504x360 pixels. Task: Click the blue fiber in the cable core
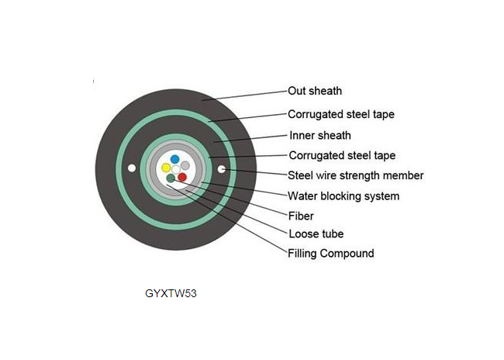click(175, 159)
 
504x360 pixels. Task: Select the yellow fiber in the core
click(166, 168)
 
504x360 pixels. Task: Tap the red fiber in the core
click(182, 177)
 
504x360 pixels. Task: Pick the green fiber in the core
click(171, 178)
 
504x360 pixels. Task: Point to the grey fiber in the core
click(185, 165)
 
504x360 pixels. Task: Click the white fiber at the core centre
click(176, 170)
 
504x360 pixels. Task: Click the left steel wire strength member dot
click(132, 168)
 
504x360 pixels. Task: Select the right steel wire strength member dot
click(222, 169)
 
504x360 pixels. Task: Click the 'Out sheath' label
click(315, 91)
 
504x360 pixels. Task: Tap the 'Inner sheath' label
click(320, 136)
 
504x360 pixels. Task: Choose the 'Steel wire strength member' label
click(355, 175)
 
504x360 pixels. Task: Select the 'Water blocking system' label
click(343, 196)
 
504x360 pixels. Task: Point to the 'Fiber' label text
click(301, 216)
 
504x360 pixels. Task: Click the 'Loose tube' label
click(316, 234)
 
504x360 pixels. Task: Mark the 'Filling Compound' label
click(331, 254)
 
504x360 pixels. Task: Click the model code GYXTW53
click(171, 294)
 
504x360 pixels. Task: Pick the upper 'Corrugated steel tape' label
click(341, 114)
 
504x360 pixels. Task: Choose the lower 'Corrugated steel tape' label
click(342, 156)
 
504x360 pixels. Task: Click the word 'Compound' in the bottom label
click(347, 254)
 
